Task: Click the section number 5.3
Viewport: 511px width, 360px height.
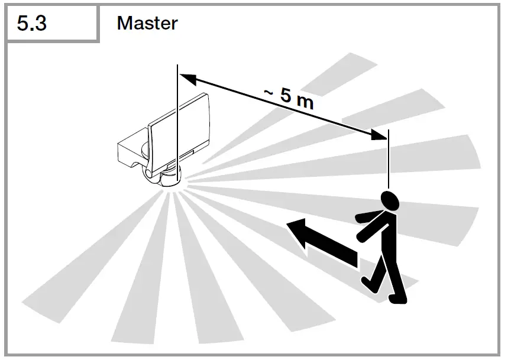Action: (x=31, y=24)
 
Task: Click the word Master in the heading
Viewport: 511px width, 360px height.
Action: (x=147, y=23)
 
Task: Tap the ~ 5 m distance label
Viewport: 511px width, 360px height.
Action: (x=289, y=98)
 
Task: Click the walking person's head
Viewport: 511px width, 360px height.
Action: (x=390, y=200)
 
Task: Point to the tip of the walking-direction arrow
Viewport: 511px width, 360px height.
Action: (x=286, y=224)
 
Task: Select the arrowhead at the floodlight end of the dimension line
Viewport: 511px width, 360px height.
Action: (x=187, y=79)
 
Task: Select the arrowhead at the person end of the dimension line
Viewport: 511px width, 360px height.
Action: (x=379, y=134)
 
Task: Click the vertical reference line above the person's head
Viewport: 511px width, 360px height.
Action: (x=389, y=159)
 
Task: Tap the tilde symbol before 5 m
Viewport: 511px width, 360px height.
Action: (x=268, y=93)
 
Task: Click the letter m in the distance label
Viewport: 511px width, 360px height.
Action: (x=305, y=102)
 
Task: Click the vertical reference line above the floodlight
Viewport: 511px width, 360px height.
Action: (x=177, y=123)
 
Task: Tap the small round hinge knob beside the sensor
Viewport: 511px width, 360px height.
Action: (x=150, y=173)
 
